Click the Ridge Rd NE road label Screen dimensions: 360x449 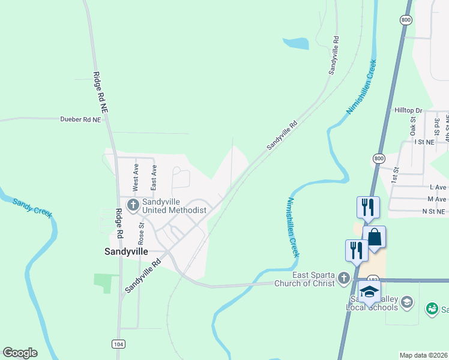click(100, 93)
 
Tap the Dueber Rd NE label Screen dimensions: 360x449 click(80, 119)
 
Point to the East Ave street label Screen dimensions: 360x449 click(154, 178)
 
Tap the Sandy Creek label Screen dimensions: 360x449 click(32, 207)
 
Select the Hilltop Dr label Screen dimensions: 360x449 click(409, 111)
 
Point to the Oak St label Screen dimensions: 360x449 click(414, 126)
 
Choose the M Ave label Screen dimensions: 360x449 click(436, 199)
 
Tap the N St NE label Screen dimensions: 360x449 click(434, 211)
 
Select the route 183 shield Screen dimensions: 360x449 click(373, 280)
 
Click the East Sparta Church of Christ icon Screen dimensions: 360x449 click(343, 278)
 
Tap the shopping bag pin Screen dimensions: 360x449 click(374, 236)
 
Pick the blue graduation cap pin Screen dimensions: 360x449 click(369, 292)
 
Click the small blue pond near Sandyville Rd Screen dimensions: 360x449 click(296, 43)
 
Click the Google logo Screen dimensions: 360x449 click(20, 353)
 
